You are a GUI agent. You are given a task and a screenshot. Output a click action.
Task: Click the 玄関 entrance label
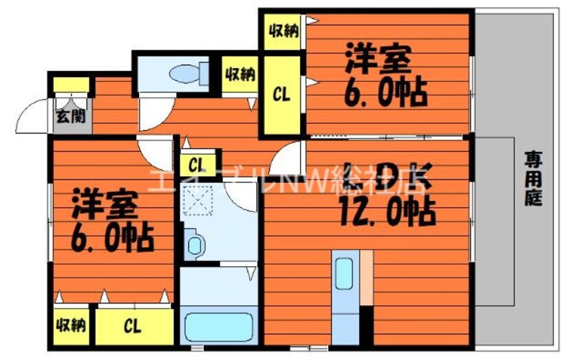coord(71,115)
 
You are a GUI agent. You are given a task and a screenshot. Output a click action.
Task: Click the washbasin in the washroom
coord(194,244)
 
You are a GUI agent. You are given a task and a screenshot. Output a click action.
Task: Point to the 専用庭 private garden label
coord(534,178)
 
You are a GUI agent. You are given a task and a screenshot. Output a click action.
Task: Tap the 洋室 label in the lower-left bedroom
coord(107,204)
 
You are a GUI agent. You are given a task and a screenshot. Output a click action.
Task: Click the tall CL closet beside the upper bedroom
coord(281,95)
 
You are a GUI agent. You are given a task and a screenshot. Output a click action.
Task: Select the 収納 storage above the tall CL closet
coord(281,30)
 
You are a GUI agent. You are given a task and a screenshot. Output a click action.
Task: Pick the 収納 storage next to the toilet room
coord(239,74)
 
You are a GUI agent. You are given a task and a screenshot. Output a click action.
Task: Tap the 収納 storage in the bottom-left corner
coord(71,324)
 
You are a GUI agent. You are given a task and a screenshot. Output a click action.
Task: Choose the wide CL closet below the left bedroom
coord(134,326)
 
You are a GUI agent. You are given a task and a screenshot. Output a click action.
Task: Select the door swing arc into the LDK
coord(285,159)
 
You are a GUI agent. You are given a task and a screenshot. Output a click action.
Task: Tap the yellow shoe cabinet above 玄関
coord(72,85)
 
